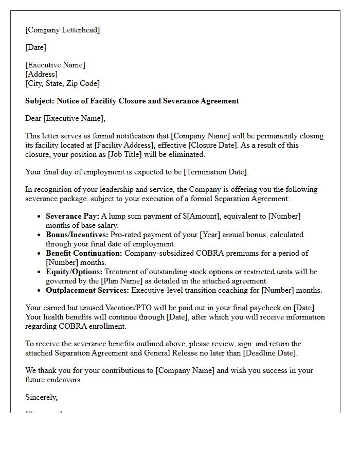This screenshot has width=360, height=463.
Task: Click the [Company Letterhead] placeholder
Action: (x=63, y=30)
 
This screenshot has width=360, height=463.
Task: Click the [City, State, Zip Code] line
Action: (x=62, y=83)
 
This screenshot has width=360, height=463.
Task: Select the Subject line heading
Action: (x=132, y=101)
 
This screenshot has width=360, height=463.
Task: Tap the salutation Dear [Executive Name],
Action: (x=65, y=118)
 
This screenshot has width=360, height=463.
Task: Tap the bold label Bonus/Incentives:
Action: (x=77, y=235)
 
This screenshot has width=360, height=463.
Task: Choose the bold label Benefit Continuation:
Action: (x=84, y=253)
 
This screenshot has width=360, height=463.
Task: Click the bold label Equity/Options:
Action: (x=74, y=272)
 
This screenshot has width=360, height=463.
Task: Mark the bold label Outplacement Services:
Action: (x=87, y=290)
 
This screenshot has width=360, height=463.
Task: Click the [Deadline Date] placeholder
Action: (x=269, y=353)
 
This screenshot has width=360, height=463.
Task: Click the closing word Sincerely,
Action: (x=42, y=397)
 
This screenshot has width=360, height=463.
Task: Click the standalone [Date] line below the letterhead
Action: (x=36, y=47)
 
